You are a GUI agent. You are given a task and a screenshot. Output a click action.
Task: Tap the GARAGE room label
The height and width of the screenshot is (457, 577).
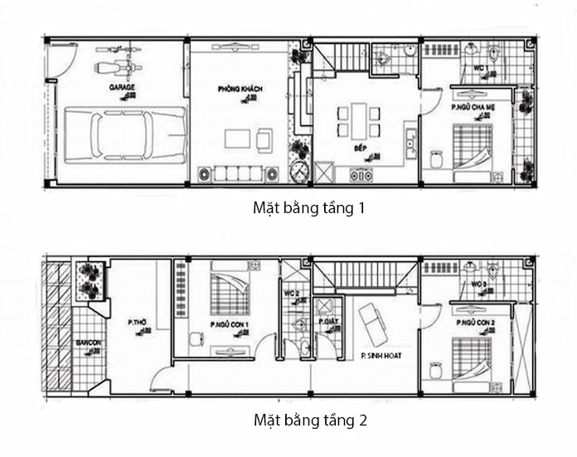tap(121, 86)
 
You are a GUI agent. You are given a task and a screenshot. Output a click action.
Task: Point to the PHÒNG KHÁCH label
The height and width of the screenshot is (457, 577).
tap(234, 88)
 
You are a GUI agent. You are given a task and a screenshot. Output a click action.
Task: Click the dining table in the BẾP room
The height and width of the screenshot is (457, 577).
tap(358, 121)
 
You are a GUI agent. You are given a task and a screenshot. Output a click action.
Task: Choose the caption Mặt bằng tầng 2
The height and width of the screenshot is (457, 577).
tap(308, 421)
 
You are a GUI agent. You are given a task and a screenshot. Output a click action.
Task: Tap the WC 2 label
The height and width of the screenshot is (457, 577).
tap(291, 293)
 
